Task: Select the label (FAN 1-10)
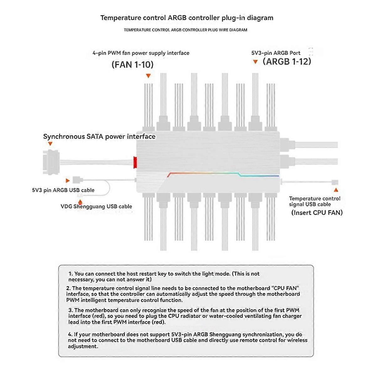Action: point(133,65)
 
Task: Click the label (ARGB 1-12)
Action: point(287,61)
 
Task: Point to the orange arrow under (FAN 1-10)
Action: point(149,76)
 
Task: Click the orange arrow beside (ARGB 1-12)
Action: point(255,62)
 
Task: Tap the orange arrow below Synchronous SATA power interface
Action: point(50,144)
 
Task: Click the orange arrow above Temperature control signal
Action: point(336,190)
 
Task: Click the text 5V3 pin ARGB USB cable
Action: point(63,190)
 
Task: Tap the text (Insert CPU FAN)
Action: point(317,213)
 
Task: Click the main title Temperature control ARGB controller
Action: point(187,18)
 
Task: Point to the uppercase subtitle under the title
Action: point(185,30)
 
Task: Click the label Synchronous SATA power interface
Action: point(99,137)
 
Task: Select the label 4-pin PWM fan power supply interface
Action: point(141,53)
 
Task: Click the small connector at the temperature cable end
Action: point(335,182)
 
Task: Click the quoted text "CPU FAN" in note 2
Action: point(285,288)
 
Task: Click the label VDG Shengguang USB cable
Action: point(96,206)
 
